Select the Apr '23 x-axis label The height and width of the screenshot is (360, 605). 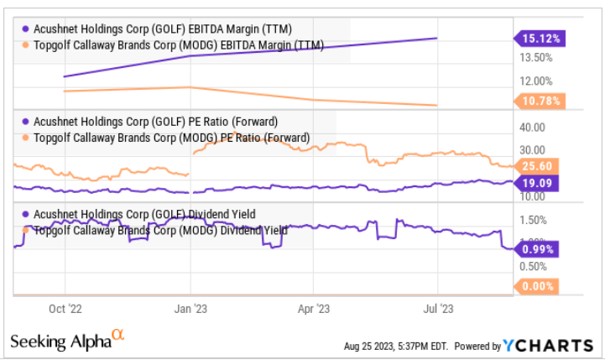tap(313, 308)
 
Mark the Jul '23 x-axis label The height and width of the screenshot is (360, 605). tap(437, 308)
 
